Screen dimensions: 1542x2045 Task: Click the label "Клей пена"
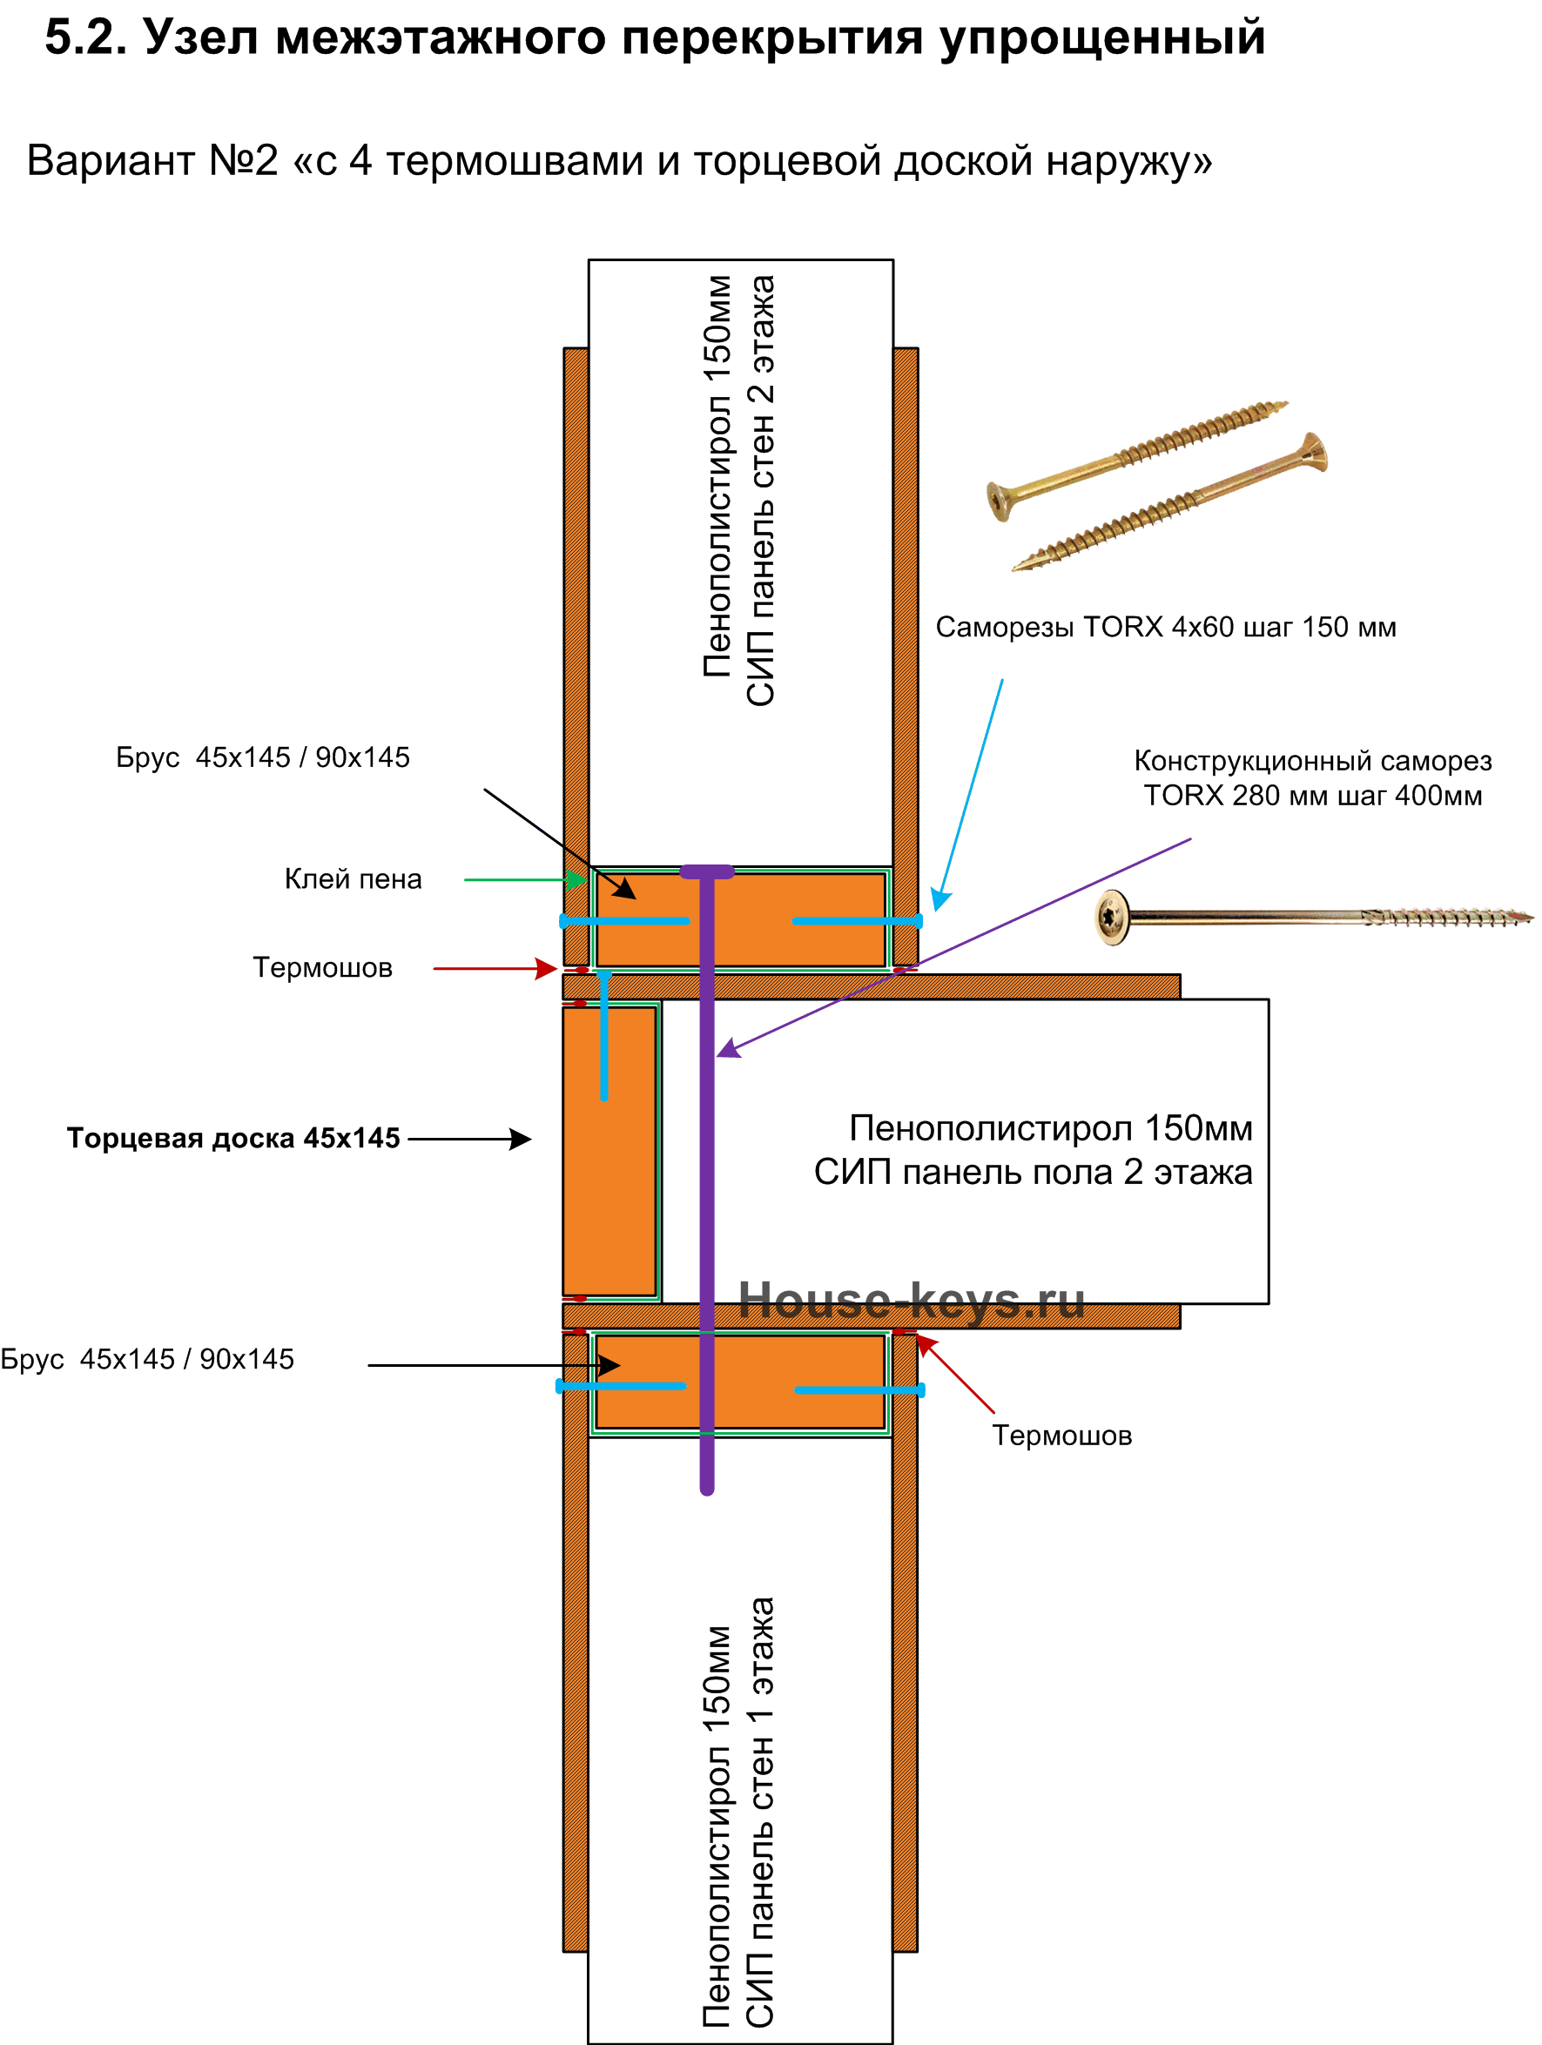coord(354,879)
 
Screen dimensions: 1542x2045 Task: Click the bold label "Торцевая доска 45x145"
coord(233,1138)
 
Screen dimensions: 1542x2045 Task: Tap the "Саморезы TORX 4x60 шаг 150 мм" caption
coord(1166,627)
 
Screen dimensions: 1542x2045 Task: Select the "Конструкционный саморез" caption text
coord(1313,761)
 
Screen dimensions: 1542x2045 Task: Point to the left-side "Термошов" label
coord(323,968)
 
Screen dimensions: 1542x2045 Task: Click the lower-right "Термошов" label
coord(1062,1436)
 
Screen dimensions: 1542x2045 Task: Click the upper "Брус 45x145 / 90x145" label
coord(263,757)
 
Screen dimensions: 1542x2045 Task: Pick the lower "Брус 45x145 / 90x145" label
coord(147,1359)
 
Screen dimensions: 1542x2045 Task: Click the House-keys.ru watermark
coord(912,1301)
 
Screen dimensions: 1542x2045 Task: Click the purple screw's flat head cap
coord(707,871)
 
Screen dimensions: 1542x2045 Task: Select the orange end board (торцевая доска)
coord(609,1151)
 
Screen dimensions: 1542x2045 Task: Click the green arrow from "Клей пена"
coord(526,879)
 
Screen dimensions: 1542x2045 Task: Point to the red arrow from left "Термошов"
coord(495,969)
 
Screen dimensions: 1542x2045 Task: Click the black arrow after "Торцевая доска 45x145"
coord(469,1139)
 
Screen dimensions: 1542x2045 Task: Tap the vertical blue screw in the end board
coord(603,1035)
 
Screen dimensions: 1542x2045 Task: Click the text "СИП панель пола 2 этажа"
coord(1034,1173)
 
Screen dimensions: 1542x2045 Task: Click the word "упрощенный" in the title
coord(1102,38)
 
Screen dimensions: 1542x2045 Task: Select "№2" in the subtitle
coord(243,160)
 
